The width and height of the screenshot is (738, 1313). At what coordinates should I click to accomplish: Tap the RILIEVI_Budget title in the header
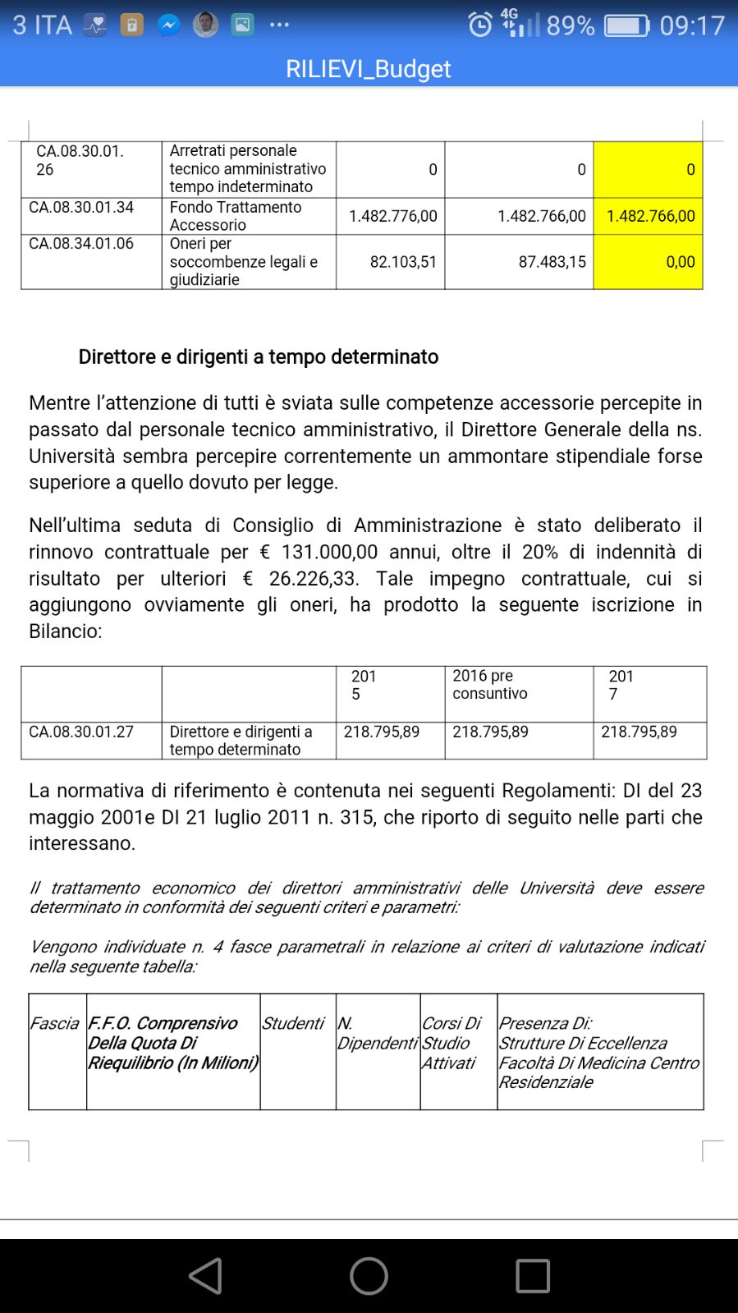point(368,68)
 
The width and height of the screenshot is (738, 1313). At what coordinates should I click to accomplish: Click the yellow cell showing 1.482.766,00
point(650,216)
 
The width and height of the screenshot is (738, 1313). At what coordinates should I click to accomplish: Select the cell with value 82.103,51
point(403,262)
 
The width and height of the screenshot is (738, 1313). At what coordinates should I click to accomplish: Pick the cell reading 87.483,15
point(552,262)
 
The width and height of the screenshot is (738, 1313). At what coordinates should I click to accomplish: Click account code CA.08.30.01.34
point(81,207)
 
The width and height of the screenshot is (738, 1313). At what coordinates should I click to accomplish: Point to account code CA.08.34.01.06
point(81,243)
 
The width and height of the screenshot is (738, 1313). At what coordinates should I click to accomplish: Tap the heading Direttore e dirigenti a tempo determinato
point(258,356)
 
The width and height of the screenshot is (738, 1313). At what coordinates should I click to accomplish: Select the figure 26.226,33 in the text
point(313,578)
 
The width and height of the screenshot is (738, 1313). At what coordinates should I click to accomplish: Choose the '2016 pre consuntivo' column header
point(490,685)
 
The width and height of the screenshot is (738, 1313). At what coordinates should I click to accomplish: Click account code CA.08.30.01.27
point(81,732)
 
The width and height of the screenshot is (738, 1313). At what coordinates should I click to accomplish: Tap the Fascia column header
point(54,1023)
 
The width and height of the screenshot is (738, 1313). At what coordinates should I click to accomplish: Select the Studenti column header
point(293,1023)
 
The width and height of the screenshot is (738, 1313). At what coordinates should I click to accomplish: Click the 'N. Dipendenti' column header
point(377,1033)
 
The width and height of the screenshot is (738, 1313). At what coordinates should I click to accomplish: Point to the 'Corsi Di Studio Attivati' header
point(451,1043)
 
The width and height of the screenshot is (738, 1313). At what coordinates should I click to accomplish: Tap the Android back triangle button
point(205,1275)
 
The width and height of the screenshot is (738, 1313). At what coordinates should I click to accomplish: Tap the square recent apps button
point(533,1275)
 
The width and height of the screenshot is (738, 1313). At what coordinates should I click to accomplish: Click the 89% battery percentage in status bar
point(570,25)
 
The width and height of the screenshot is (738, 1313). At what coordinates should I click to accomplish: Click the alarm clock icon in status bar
point(480,25)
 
